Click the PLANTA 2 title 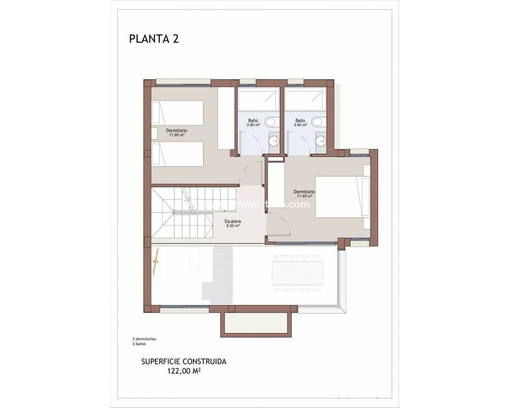pos(153,39)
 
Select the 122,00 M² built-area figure pos(184,371)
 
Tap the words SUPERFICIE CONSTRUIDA pos(184,362)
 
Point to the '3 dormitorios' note pos(144,339)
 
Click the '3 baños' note pos(139,344)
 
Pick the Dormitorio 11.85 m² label pos(177,132)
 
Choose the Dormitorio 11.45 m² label pos(304,194)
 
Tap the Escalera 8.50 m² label pos(233,223)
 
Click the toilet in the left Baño pos(271,123)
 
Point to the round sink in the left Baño pos(274,140)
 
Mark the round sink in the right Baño pos(321,140)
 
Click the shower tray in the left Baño pos(258,99)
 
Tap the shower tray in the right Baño pos(305,99)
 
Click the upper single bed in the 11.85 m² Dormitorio pos(178,112)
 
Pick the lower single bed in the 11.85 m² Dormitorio pos(178,154)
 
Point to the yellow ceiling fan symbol pos(156,262)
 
